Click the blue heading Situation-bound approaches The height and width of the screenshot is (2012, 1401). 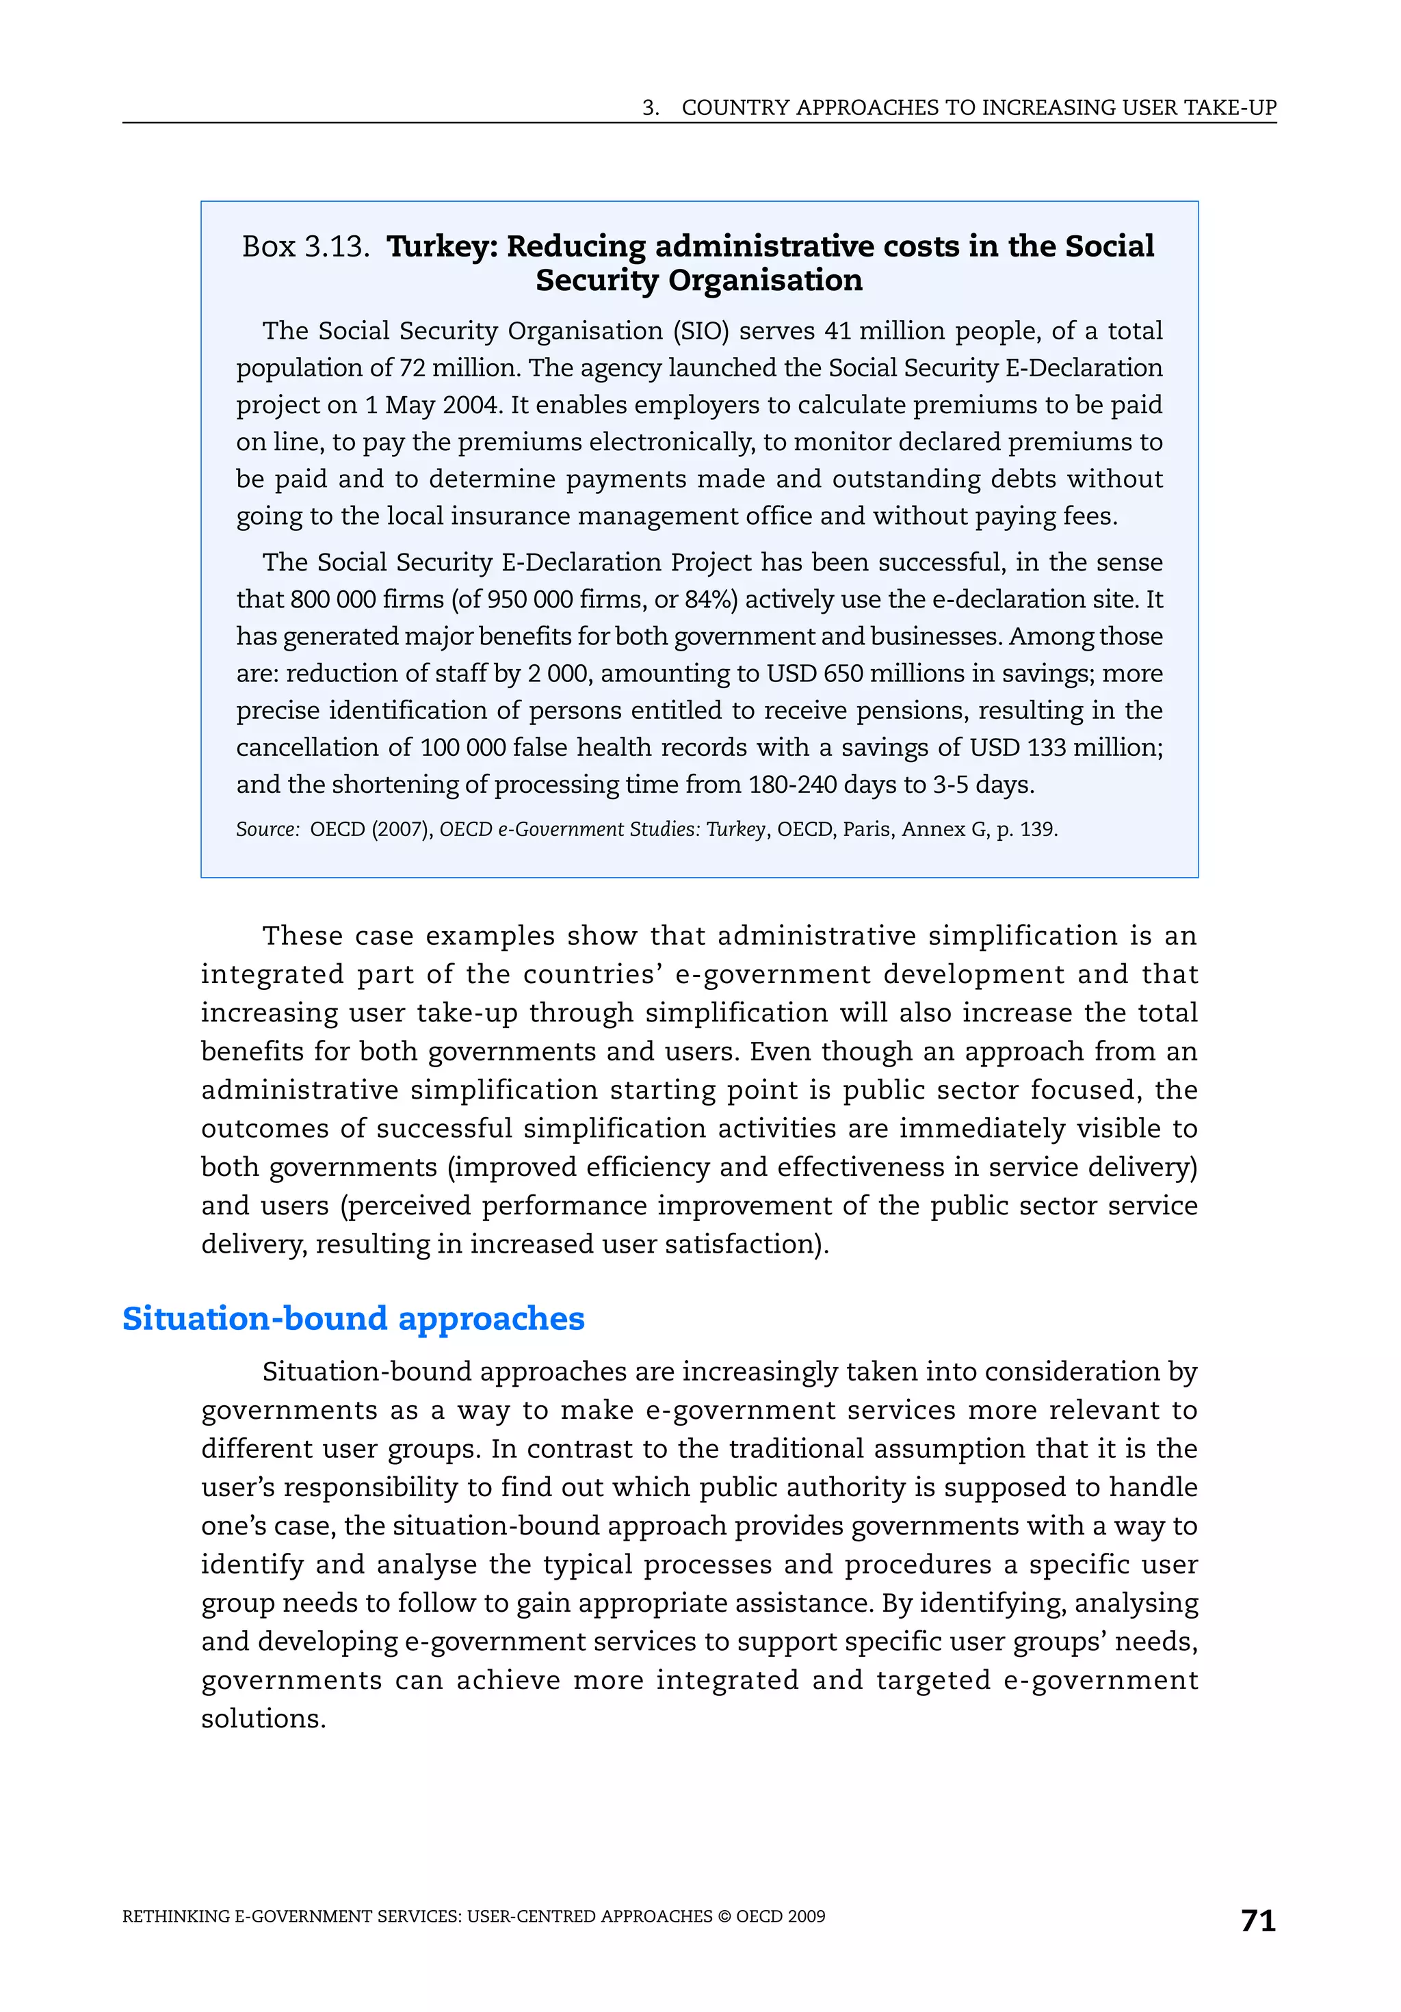[x=353, y=1318]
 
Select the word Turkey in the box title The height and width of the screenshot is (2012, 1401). [x=441, y=246]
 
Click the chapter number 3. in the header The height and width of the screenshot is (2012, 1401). [x=650, y=108]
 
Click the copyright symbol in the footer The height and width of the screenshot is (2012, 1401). [x=724, y=1916]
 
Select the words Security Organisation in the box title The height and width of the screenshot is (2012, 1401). [x=698, y=280]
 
